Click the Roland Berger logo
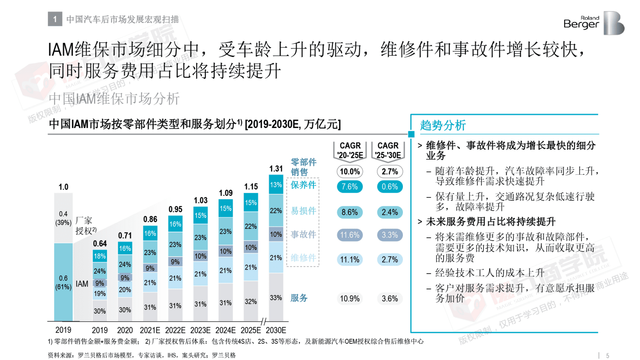click(x=594, y=23)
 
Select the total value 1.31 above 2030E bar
click(x=276, y=169)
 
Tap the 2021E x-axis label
click(x=150, y=330)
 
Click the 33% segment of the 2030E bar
click(x=276, y=298)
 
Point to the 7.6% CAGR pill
click(x=350, y=187)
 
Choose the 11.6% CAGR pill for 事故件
click(x=350, y=235)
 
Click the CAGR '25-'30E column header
click(x=388, y=150)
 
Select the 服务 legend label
click(x=299, y=298)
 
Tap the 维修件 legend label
click(x=304, y=258)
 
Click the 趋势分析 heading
click(x=443, y=126)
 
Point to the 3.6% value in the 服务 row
click(x=390, y=299)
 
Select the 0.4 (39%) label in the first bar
click(x=63, y=218)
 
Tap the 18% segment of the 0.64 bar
click(x=100, y=256)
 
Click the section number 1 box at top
click(x=55, y=19)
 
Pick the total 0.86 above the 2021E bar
click(x=150, y=219)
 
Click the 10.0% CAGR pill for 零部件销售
click(x=350, y=172)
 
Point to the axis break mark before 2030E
click(x=263, y=322)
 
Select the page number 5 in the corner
click(x=608, y=356)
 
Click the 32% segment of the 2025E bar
click(x=250, y=301)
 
